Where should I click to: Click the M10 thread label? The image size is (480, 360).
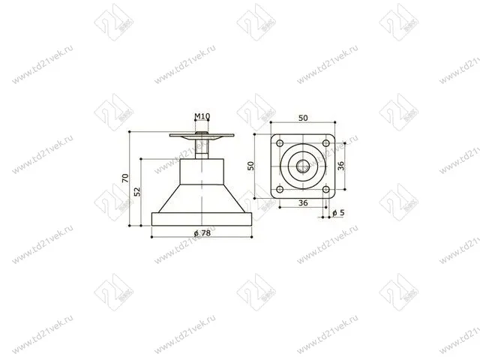pos(202,116)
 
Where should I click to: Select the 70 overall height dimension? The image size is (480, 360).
pos(125,178)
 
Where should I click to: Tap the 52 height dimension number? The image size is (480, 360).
pos(137,191)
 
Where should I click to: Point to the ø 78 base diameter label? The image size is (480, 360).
pos(201,234)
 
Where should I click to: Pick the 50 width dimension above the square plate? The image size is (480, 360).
pos(302,119)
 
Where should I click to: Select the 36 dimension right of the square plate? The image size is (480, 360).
pos(341,166)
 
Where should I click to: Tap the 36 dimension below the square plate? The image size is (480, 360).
pos(302,203)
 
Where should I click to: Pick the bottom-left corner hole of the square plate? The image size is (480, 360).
pos(279,189)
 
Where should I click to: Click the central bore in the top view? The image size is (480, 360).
pos(302,166)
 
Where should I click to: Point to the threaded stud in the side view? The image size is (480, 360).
pos(202,148)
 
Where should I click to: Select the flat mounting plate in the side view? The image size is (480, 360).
pos(202,136)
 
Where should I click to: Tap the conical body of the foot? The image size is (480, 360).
pos(202,199)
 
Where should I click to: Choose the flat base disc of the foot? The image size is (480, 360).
pos(202,218)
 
